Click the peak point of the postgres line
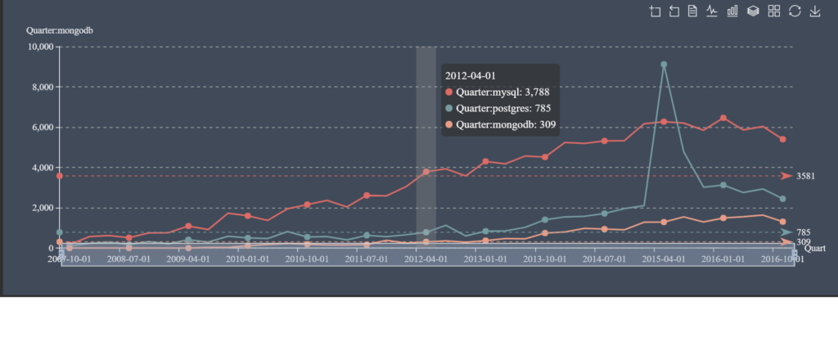(664, 64)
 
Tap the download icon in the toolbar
(815, 11)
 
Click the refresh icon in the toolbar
(795, 11)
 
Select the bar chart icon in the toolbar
(732, 11)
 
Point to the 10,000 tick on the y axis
(40, 47)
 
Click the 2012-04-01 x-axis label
(426, 259)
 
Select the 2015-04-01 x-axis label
(664, 259)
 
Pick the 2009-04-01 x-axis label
(188, 259)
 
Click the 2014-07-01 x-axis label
(605, 259)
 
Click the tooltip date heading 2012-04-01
(471, 75)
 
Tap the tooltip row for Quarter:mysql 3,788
(495, 92)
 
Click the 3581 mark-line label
(806, 176)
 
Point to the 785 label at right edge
(804, 232)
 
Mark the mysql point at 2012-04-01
(426, 172)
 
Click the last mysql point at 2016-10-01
(782, 139)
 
